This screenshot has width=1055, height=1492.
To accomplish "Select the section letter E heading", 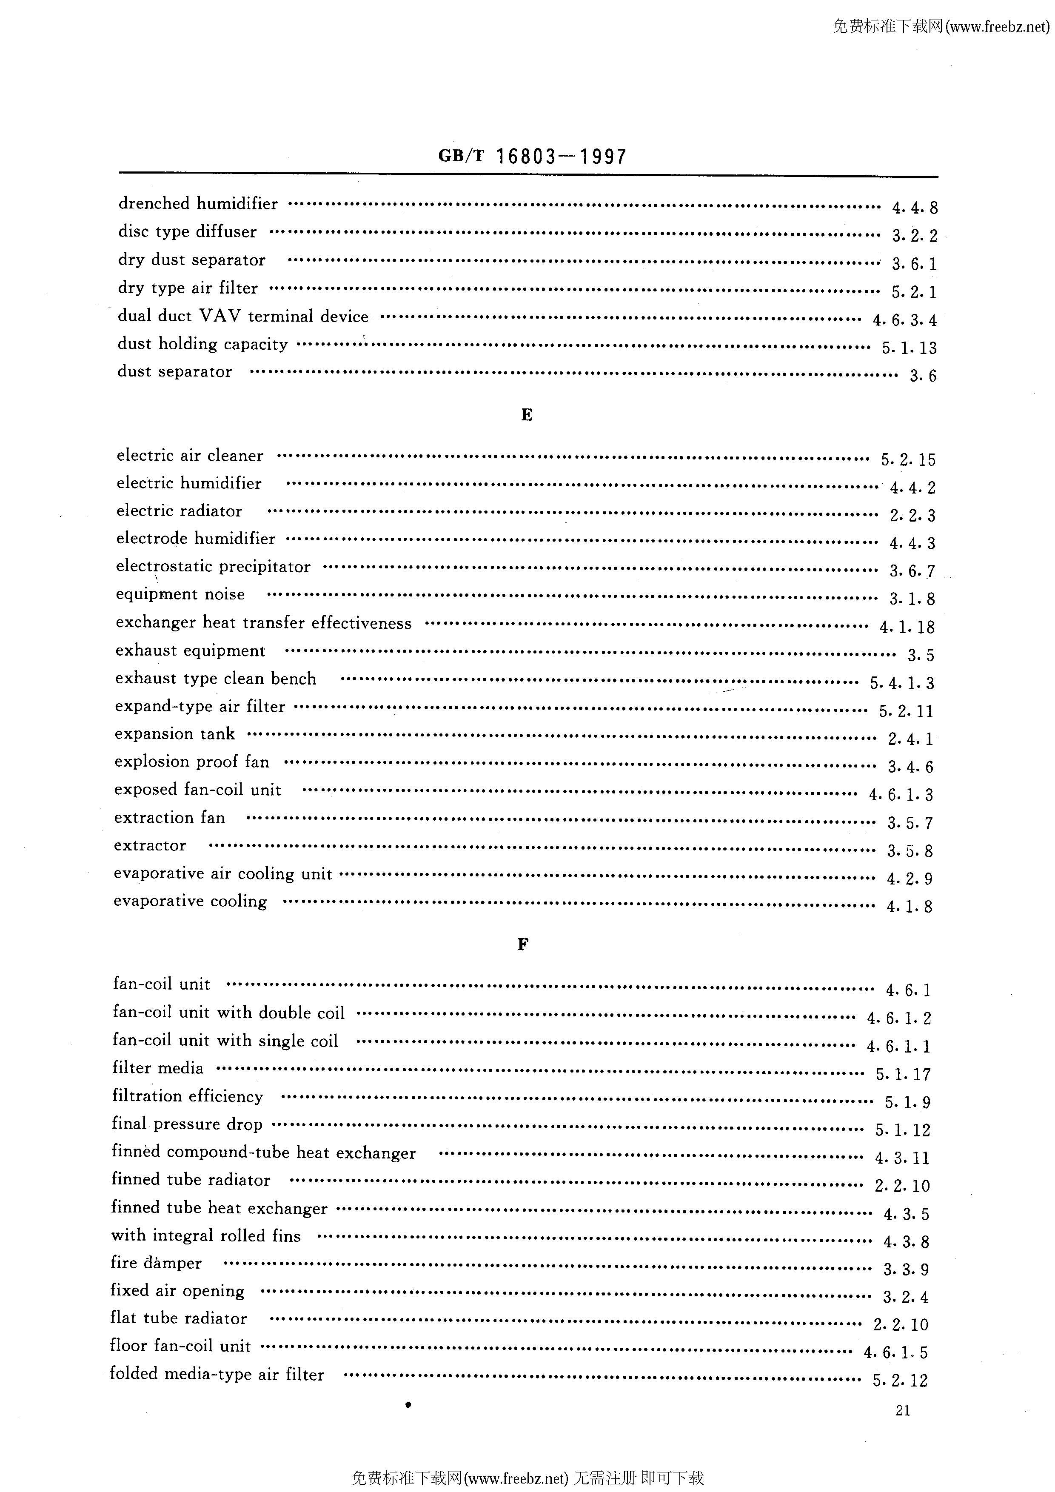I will pyautogui.click(x=527, y=415).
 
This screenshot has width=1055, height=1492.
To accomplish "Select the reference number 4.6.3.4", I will pyautogui.click(x=904, y=320).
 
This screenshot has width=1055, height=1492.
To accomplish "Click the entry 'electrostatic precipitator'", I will pyautogui.click(x=213, y=567).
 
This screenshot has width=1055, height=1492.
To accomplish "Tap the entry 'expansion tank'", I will pyautogui.click(x=175, y=733).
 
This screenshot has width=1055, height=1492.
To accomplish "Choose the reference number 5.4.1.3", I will pyautogui.click(x=902, y=683).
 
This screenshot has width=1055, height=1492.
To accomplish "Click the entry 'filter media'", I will pyautogui.click(x=157, y=1068).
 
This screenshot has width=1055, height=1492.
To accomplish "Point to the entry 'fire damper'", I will pyautogui.click(x=156, y=1263).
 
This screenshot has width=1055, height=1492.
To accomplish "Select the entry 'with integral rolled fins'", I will pyautogui.click(x=206, y=1235).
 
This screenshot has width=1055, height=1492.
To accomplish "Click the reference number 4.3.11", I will pyautogui.click(x=902, y=1158).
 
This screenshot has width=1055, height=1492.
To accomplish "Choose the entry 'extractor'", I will pyautogui.click(x=150, y=845).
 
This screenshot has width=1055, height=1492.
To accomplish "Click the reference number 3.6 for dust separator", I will pyautogui.click(x=922, y=376).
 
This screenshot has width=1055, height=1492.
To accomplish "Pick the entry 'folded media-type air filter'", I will pyautogui.click(x=217, y=1375).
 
